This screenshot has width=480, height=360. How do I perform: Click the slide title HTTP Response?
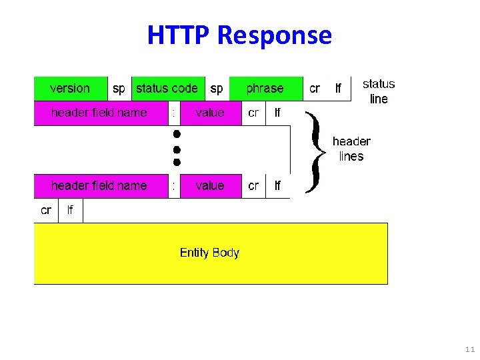click(x=239, y=35)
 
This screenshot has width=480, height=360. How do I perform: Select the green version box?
click(x=70, y=89)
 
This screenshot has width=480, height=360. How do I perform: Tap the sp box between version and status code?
click(x=119, y=89)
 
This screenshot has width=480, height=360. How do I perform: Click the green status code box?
click(x=167, y=89)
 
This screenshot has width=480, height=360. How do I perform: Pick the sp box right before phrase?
click(x=217, y=89)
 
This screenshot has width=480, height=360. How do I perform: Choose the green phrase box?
click(x=265, y=89)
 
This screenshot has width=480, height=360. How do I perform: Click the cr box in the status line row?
click(x=315, y=89)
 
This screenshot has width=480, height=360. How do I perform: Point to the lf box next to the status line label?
click(x=338, y=89)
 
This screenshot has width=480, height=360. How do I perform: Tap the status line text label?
click(x=379, y=91)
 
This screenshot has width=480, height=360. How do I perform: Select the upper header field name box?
click(x=99, y=113)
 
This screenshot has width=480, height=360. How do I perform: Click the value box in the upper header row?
click(x=210, y=113)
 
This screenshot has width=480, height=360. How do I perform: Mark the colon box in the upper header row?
click(x=173, y=113)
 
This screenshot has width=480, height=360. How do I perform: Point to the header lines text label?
click(x=351, y=149)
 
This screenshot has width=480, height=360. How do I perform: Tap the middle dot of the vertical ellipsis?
click(x=177, y=148)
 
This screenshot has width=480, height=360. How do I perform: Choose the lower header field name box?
click(x=99, y=186)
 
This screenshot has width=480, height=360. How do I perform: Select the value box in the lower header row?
click(x=210, y=186)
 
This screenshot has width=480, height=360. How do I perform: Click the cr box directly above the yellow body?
click(x=46, y=211)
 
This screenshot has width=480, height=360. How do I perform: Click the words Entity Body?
click(x=209, y=253)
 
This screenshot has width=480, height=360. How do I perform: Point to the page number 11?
click(x=470, y=349)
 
